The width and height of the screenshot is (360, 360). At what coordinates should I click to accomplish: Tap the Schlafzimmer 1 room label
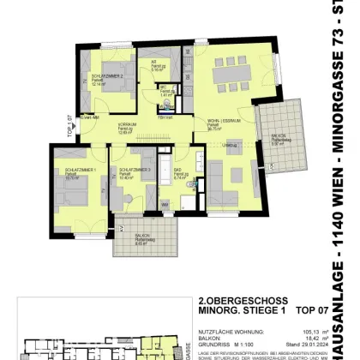66,171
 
